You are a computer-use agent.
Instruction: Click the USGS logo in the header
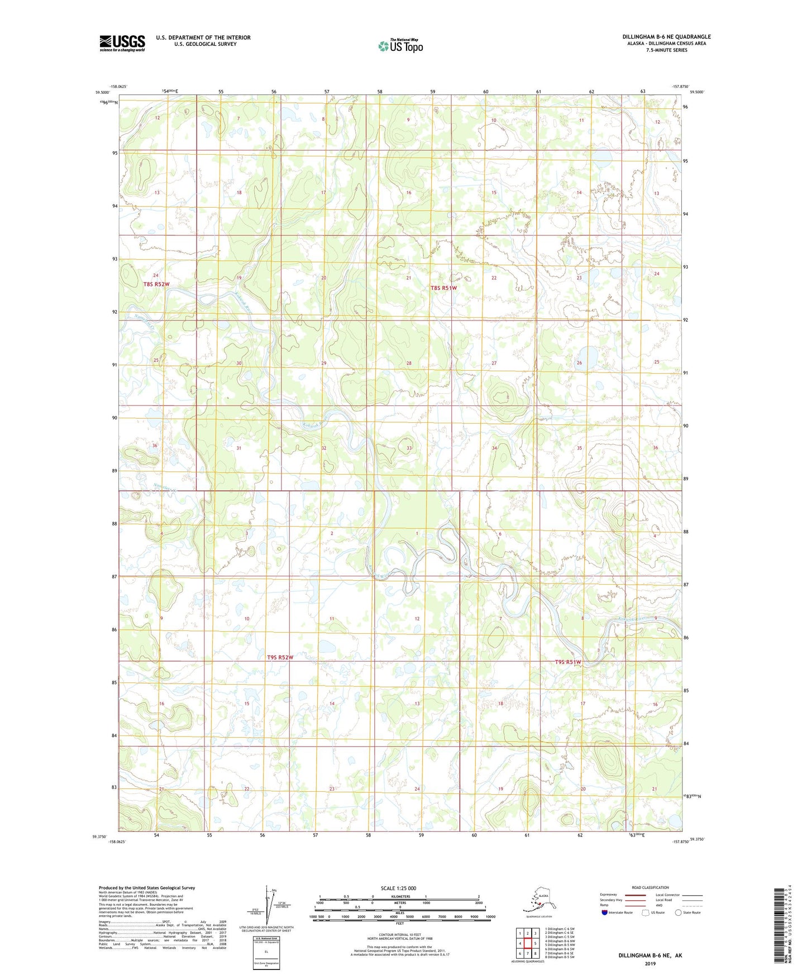tap(122, 43)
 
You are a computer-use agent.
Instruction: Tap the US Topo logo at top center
tap(400, 46)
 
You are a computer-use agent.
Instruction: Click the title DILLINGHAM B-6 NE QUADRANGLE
tap(666, 37)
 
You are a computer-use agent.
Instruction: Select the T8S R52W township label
tap(156, 284)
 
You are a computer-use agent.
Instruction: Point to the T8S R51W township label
tap(443, 288)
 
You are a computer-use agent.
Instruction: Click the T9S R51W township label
tap(568, 662)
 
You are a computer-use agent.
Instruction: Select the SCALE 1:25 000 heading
tap(399, 888)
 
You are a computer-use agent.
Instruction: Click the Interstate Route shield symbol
tap(604, 912)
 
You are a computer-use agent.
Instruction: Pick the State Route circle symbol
tap(678, 912)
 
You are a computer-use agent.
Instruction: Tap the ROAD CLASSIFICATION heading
tap(650, 887)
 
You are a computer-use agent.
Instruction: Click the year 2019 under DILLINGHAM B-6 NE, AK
tap(650, 963)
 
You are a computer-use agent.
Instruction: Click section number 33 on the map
tap(409, 448)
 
